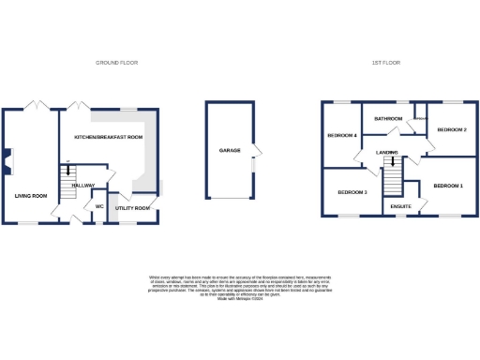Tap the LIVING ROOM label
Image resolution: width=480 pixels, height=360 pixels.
pos(30,195)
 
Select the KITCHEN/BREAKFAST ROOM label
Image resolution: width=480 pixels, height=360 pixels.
pos(109,138)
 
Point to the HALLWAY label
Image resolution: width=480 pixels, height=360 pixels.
pos(85,184)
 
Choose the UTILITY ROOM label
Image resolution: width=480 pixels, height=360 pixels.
pos(132,207)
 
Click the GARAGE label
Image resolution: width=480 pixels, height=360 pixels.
pos(230,150)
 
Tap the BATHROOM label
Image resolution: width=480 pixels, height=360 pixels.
pos(388,119)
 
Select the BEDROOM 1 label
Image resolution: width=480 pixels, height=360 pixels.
pos(448,186)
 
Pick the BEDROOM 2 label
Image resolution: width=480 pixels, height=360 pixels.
pos(452,128)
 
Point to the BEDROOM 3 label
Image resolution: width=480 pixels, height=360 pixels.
pos(352,192)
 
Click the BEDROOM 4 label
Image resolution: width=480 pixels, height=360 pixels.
pos(342,136)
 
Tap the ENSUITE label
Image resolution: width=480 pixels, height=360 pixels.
pos(401,204)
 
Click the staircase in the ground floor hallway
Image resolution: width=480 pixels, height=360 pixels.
pos(68,182)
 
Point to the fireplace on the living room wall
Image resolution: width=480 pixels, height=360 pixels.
pos(7,161)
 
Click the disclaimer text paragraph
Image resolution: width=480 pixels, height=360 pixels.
pos(240,287)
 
